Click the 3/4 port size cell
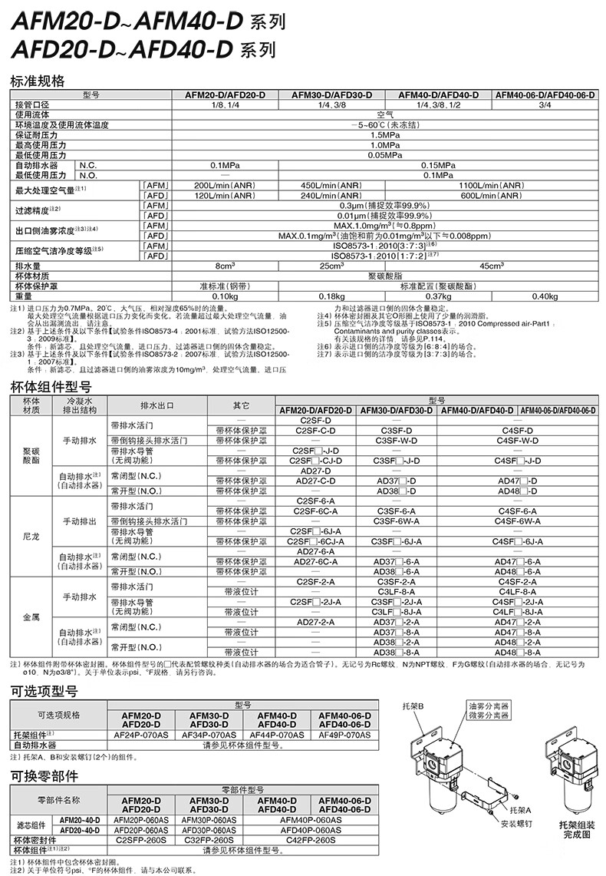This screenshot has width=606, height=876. tap(545, 104)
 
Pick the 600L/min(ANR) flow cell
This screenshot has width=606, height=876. tap(492, 195)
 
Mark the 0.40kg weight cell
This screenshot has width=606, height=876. tap(545, 296)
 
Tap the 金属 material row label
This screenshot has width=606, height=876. tap(31, 617)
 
